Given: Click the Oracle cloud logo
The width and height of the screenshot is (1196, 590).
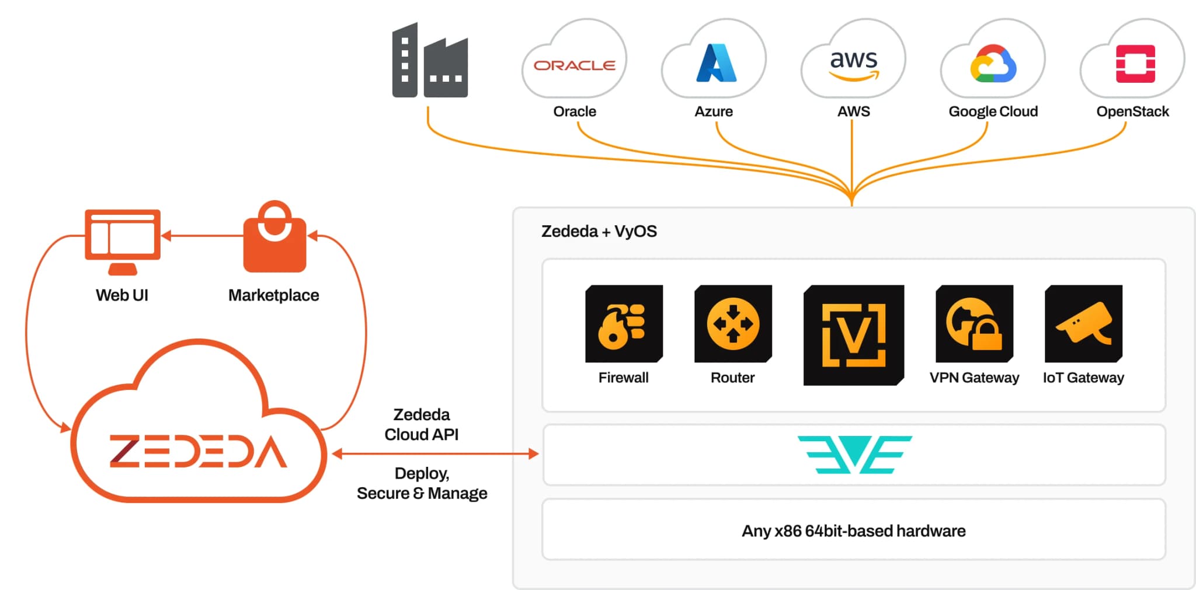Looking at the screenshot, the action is pyautogui.click(x=575, y=65).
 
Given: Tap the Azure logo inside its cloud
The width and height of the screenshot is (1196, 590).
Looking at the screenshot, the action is pyautogui.click(x=717, y=62).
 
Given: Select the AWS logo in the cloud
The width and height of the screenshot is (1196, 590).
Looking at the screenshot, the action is pyautogui.click(x=854, y=64).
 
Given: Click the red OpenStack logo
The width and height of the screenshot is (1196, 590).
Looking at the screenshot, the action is pyautogui.click(x=1135, y=64).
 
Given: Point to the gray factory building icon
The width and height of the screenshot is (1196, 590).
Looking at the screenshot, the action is pyautogui.click(x=430, y=60).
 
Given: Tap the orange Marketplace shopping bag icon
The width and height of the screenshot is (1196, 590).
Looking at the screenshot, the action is pyautogui.click(x=274, y=236).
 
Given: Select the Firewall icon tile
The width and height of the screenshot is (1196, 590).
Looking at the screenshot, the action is pyautogui.click(x=624, y=324).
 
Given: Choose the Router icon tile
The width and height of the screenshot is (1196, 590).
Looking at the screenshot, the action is pyautogui.click(x=733, y=324).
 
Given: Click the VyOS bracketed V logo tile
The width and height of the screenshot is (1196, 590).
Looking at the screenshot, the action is pyautogui.click(x=854, y=335).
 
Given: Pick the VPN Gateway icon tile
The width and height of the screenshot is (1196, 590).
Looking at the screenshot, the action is pyautogui.click(x=974, y=324).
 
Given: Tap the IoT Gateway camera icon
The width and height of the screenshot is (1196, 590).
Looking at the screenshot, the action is pyautogui.click(x=1083, y=324).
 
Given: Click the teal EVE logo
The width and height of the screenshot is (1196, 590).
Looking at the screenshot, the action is pyautogui.click(x=854, y=455).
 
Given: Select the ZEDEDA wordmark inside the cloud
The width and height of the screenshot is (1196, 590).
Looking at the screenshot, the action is pyautogui.click(x=199, y=452).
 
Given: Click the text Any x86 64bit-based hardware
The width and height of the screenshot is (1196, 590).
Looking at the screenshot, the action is pyautogui.click(x=853, y=531).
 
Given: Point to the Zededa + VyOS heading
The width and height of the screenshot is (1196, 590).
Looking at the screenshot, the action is pyautogui.click(x=599, y=232).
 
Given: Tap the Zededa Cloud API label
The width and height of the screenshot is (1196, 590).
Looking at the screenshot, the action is pyautogui.click(x=422, y=424).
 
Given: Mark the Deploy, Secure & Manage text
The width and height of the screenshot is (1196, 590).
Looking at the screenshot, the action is pyautogui.click(x=422, y=483).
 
